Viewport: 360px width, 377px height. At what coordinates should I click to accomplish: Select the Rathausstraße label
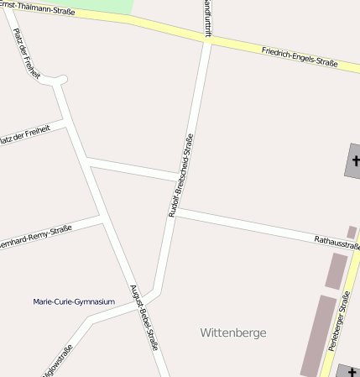pos(337,241)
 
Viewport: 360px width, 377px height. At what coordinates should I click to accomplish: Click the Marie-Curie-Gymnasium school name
pos(74,301)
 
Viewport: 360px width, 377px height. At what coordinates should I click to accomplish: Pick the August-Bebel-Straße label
pos(143,317)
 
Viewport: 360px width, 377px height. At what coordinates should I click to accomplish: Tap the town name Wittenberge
pos(233,332)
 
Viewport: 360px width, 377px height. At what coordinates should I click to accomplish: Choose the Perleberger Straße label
pos(338,319)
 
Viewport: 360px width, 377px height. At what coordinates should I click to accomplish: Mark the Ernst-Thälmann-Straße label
pos(34,8)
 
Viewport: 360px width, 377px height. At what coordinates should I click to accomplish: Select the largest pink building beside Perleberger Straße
pos(318,334)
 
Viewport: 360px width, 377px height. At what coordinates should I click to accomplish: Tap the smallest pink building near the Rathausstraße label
pos(352,231)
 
